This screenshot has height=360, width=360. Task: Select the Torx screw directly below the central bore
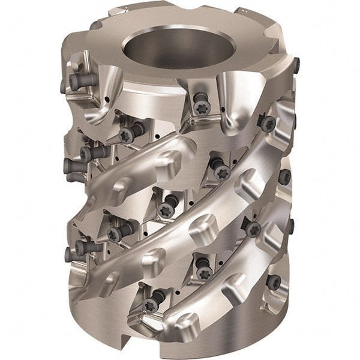coord(200,107)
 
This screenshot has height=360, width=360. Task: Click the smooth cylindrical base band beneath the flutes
coord(198,336)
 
